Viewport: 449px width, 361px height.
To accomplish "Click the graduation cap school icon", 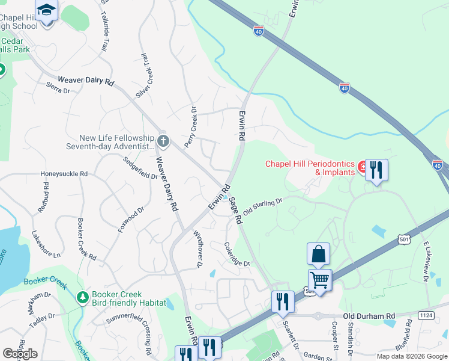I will tap(46, 10).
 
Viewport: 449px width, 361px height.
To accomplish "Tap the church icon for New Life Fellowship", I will tap(163, 142).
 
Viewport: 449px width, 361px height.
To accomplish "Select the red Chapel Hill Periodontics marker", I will tap(363, 167).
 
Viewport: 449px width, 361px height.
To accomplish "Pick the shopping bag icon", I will tap(318, 254).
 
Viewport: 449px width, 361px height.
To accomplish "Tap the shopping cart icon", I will tap(320, 279).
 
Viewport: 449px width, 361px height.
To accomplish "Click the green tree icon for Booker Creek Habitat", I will tap(82, 297).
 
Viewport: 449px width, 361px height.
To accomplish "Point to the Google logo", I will tap(20, 354).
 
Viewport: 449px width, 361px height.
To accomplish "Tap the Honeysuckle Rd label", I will tap(64, 174).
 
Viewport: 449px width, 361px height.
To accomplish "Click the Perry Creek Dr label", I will tap(190, 127).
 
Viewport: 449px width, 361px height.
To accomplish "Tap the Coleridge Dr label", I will tap(237, 253).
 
